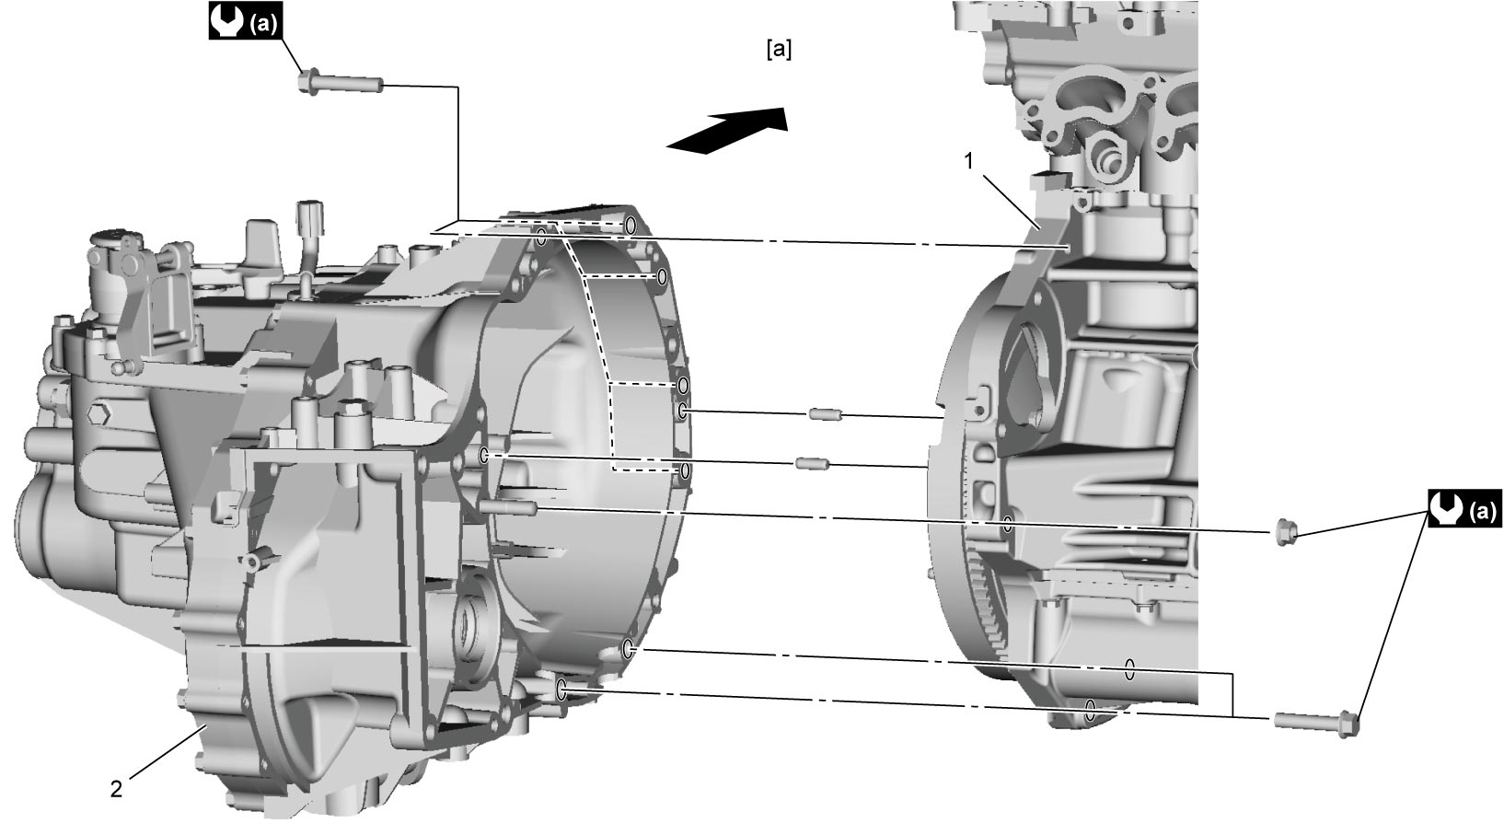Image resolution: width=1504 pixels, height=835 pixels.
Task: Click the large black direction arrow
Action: pos(728,131)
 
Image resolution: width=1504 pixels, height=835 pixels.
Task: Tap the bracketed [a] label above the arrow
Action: pos(779,49)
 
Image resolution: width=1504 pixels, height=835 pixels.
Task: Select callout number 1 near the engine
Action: pos(969,160)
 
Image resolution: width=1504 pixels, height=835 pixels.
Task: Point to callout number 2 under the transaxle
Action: pos(117,789)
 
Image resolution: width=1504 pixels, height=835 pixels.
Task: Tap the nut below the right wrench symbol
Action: pos(1284,533)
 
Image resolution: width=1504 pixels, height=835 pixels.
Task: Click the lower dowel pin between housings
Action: pos(812,463)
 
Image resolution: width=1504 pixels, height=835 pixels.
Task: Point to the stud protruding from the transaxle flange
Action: pos(508,508)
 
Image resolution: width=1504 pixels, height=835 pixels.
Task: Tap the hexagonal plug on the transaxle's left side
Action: pos(98,414)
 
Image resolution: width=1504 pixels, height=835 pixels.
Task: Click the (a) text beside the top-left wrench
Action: pos(262,24)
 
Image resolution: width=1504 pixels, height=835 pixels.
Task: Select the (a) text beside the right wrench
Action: pos(1483,512)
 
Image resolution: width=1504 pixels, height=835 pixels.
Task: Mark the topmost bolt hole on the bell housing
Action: pos(630,225)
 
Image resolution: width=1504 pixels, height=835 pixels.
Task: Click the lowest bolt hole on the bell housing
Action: pos(562,689)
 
